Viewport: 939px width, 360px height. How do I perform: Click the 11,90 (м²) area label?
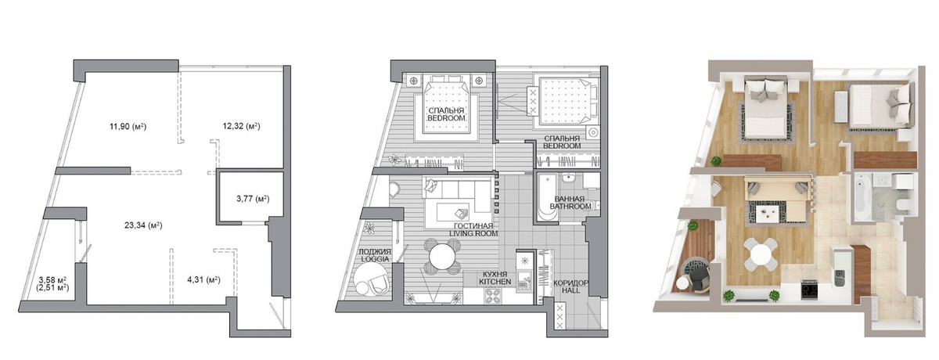click(x=128, y=126)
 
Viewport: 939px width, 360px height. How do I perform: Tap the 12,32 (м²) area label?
click(x=242, y=126)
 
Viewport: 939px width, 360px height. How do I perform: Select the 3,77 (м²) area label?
click(x=253, y=199)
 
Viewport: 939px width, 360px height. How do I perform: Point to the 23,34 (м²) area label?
click(x=143, y=225)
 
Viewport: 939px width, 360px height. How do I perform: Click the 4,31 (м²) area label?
click(x=203, y=279)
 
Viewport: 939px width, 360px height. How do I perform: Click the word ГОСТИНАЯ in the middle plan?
click(x=473, y=226)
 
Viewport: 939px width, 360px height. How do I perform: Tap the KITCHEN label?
click(x=495, y=282)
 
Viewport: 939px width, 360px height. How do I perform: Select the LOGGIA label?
click(x=375, y=259)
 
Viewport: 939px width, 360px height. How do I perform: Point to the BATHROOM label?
click(x=570, y=206)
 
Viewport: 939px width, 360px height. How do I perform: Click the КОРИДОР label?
click(x=570, y=283)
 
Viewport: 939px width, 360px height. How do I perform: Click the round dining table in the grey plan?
click(x=441, y=257)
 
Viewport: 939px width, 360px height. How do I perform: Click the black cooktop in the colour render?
click(x=808, y=289)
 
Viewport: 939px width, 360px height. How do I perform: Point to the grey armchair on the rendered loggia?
click(x=698, y=279)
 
